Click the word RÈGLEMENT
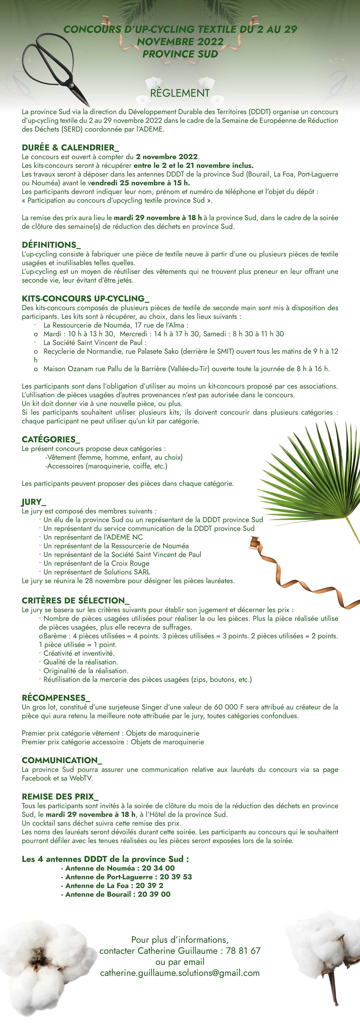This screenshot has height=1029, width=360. point(180,93)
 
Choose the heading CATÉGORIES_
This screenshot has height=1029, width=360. point(51,439)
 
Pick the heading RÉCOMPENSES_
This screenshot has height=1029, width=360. point(56,698)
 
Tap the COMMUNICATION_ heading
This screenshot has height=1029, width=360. point(62,760)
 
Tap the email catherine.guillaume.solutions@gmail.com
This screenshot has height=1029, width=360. point(180,973)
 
